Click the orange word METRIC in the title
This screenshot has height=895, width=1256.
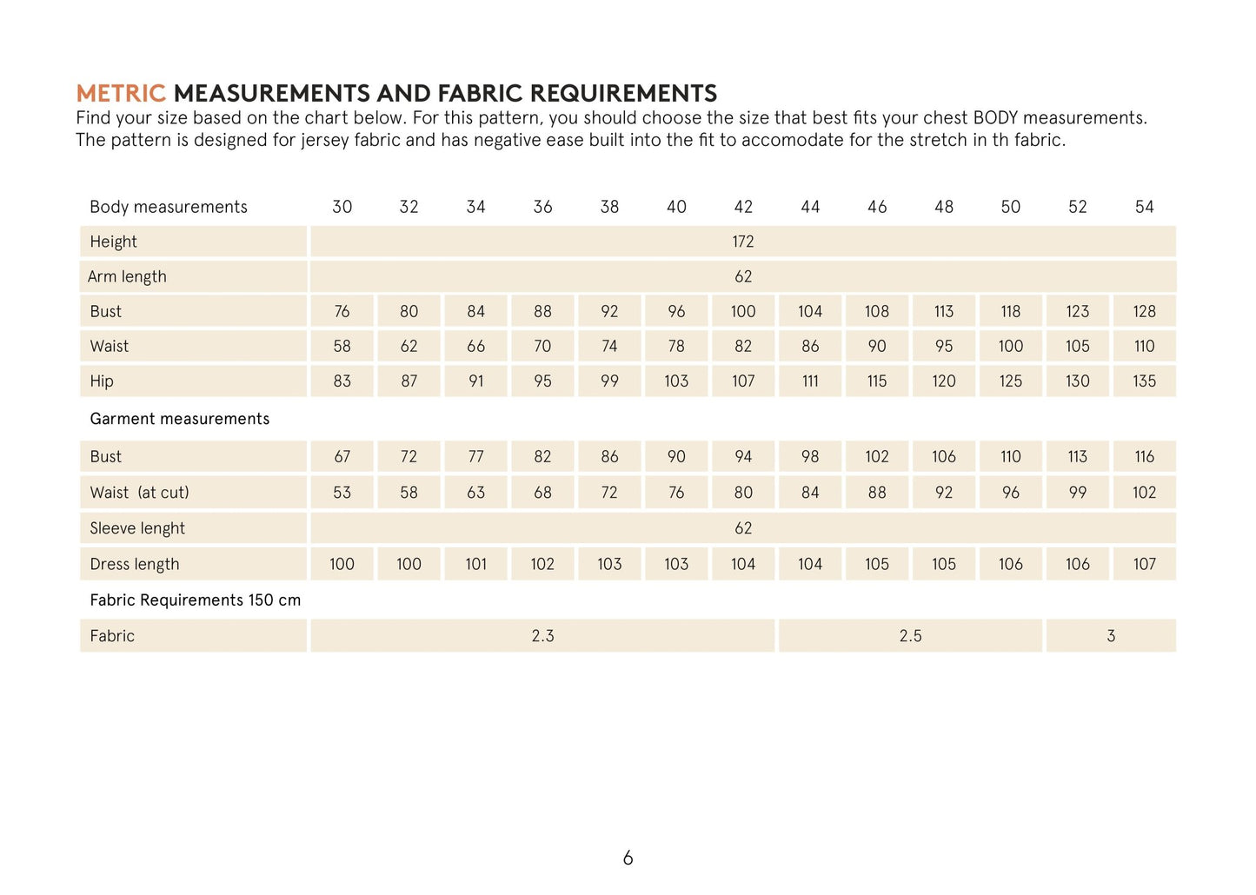pyautogui.click(x=120, y=93)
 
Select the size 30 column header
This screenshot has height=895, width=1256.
pyautogui.click(x=342, y=207)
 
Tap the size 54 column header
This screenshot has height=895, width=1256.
pyautogui.click(x=1144, y=207)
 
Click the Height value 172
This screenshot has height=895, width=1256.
pyautogui.click(x=742, y=242)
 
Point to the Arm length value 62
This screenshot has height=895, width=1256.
pyautogui.click(x=742, y=276)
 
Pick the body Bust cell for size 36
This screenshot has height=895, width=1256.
pyautogui.click(x=542, y=311)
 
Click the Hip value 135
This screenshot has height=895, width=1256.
pyautogui.click(x=1144, y=381)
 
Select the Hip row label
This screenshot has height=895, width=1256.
pyautogui.click(x=102, y=381)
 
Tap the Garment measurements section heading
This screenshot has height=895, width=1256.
pyautogui.click(x=179, y=419)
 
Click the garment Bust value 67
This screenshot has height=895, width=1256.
pyautogui.click(x=342, y=456)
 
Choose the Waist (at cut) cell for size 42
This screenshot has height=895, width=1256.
pyautogui.click(x=742, y=493)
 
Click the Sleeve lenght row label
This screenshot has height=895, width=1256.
pyautogui.click(x=137, y=528)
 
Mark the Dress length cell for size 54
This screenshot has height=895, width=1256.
pyautogui.click(x=1144, y=564)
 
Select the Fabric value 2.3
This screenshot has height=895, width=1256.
pyautogui.click(x=542, y=636)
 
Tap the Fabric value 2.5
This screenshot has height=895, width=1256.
pyautogui.click(x=910, y=636)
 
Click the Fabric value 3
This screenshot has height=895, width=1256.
pyautogui.click(x=1111, y=636)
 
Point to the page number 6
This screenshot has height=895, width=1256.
pyautogui.click(x=628, y=859)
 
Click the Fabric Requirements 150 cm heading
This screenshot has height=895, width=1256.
pyautogui.click(x=195, y=600)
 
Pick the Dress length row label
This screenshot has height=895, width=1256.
pyautogui.click(x=134, y=564)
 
